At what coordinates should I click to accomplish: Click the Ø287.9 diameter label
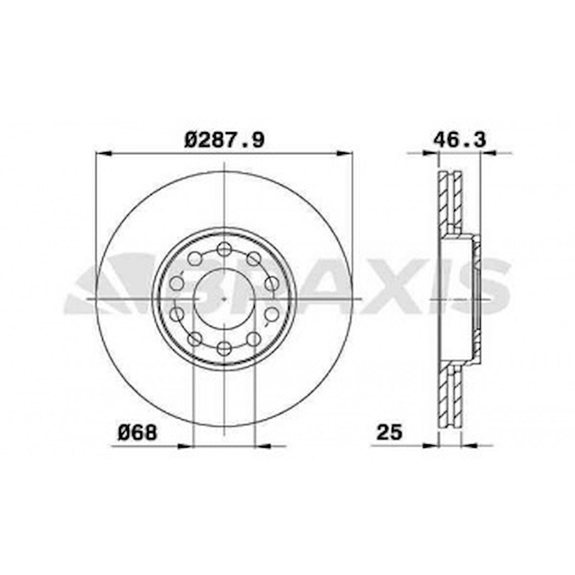225,140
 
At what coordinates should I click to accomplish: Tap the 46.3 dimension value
460,140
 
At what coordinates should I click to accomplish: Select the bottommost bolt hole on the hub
224,347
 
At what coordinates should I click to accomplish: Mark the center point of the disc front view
224,298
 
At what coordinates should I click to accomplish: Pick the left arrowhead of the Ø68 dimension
185,445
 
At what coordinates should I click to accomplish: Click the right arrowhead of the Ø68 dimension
263,445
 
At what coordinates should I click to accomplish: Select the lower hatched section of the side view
450,397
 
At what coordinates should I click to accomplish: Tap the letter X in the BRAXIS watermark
390,287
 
